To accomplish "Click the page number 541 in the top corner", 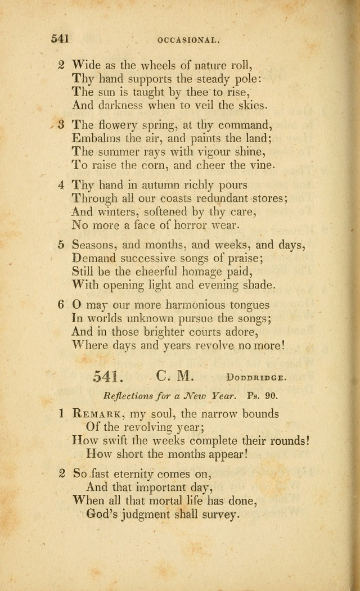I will click(x=60, y=38).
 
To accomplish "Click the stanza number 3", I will click(x=62, y=124).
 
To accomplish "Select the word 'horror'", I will click(x=181, y=225).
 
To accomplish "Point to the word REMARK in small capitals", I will click(x=96, y=414).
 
